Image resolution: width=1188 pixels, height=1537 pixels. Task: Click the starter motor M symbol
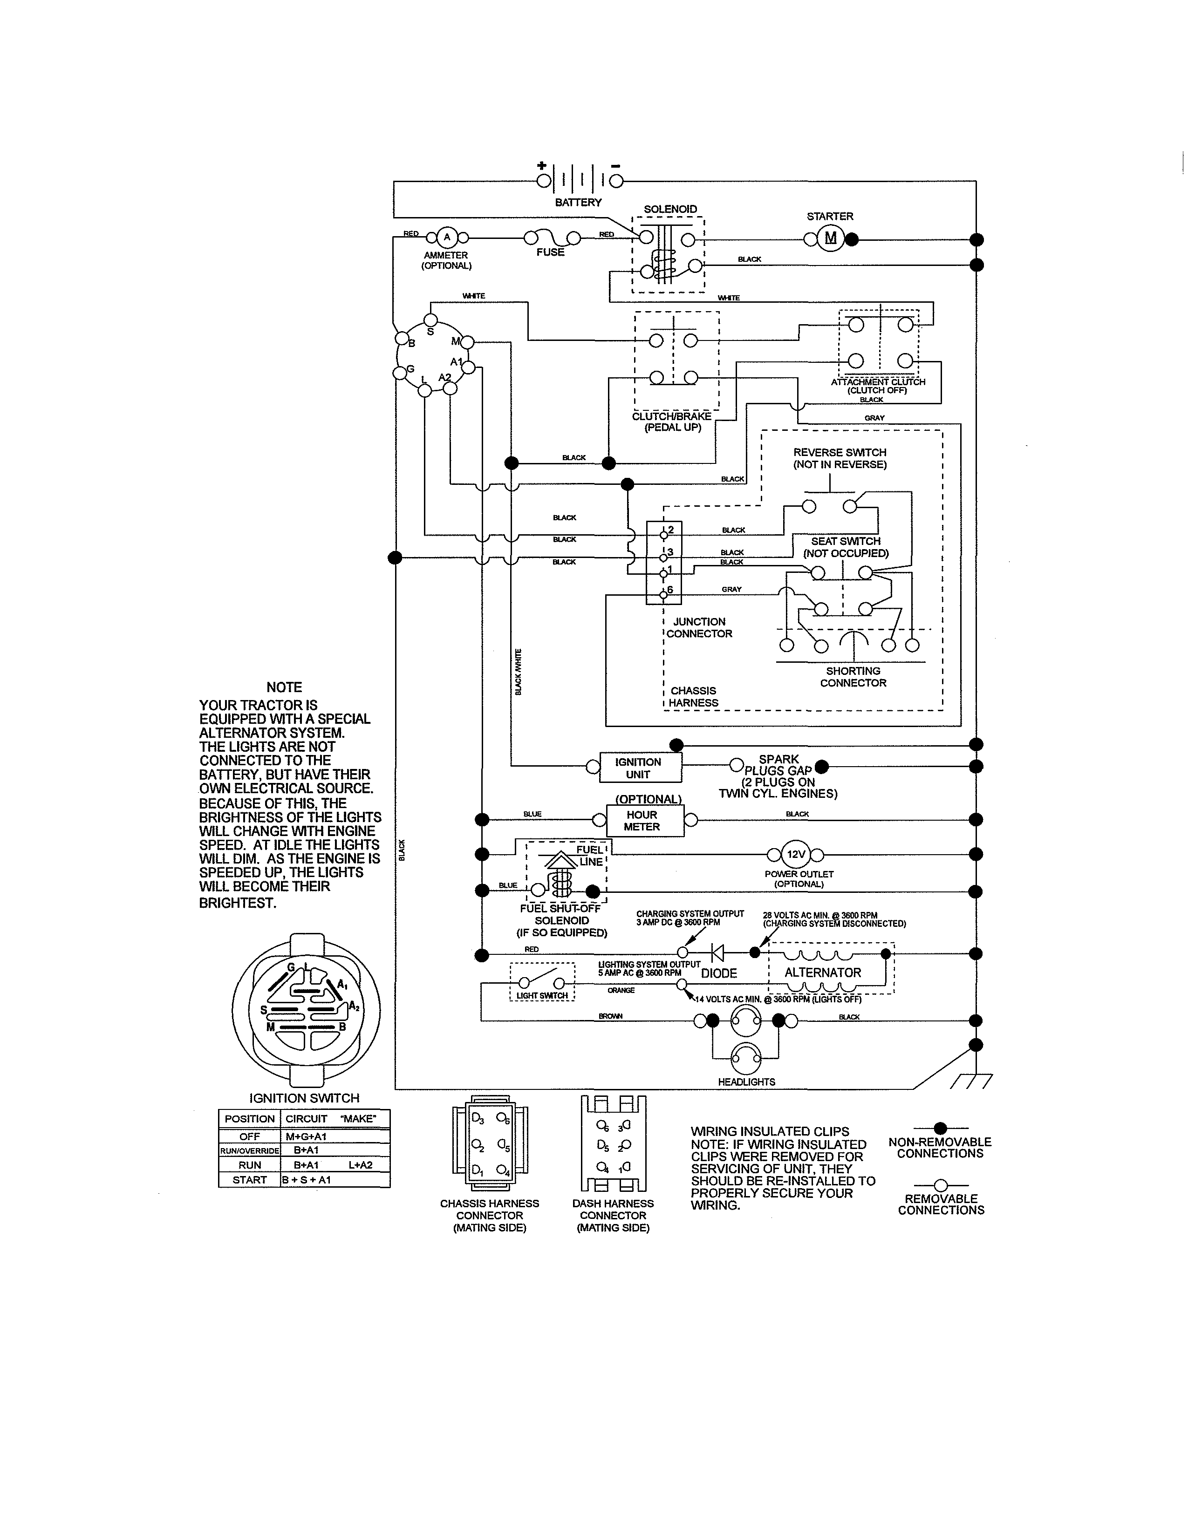click(x=831, y=238)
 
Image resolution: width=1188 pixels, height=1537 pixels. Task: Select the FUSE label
click(x=550, y=252)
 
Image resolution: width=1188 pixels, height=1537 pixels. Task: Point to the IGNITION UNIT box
click(x=640, y=768)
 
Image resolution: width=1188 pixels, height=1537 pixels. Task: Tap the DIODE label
click(x=718, y=973)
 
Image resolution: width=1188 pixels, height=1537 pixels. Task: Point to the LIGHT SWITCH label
click(x=541, y=996)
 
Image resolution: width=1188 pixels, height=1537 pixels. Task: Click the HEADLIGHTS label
click(x=746, y=1081)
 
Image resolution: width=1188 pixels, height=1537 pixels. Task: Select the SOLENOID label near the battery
click(x=670, y=209)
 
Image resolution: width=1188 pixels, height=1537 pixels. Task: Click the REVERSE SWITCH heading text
click(x=839, y=453)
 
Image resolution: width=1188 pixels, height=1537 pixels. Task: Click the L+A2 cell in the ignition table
click(x=360, y=1165)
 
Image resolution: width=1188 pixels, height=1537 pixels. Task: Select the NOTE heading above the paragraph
click(x=284, y=687)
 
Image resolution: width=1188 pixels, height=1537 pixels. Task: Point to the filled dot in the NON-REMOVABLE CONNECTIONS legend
click(x=940, y=1128)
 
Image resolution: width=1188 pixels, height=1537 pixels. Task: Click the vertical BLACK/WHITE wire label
click(x=519, y=672)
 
